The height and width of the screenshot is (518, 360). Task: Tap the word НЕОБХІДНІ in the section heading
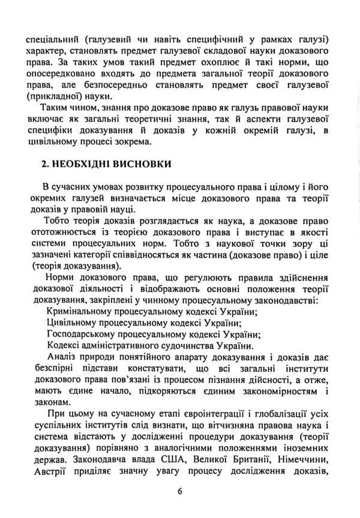click(70, 164)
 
